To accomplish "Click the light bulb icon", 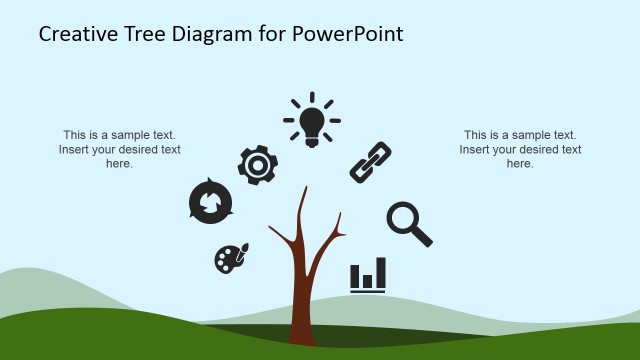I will (x=312, y=121).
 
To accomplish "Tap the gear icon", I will (x=257, y=164).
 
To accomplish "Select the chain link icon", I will (x=370, y=162).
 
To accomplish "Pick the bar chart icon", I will (x=368, y=275).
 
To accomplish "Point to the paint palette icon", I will (x=230, y=259).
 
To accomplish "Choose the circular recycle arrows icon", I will (x=211, y=203).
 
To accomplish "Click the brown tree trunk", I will (x=302, y=290).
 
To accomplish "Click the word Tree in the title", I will (x=147, y=34).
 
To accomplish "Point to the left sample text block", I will (x=120, y=149).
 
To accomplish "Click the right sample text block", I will (x=520, y=149).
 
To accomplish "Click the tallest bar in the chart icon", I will (x=381, y=272).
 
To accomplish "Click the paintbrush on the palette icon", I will (x=242, y=250).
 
